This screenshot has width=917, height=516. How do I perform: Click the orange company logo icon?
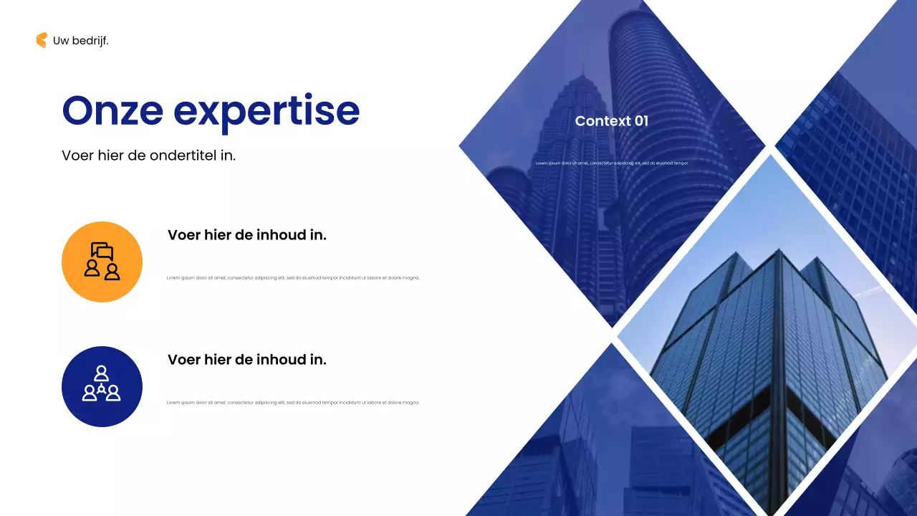pyautogui.click(x=42, y=41)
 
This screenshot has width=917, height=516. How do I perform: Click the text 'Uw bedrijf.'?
pyautogui.click(x=81, y=41)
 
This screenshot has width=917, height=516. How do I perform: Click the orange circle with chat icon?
pyautogui.click(x=102, y=262)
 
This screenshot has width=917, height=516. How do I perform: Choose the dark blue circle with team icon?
pyautogui.click(x=102, y=386)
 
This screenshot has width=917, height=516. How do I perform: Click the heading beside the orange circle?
pyautogui.click(x=246, y=235)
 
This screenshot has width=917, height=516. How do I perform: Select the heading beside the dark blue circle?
pyautogui.click(x=246, y=360)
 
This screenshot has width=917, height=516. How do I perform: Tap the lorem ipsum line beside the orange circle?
pyautogui.click(x=292, y=278)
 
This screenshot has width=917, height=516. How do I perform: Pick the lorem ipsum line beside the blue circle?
pyautogui.click(x=292, y=403)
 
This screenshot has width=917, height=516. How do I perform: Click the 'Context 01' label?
pyautogui.click(x=611, y=121)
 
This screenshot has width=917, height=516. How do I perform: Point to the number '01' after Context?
pyautogui.click(x=640, y=121)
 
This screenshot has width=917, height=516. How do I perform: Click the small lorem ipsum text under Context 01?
pyautogui.click(x=611, y=163)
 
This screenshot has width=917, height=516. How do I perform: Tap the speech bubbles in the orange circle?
pyautogui.click(x=102, y=251)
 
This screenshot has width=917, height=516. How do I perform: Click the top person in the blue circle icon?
pyautogui.click(x=102, y=373)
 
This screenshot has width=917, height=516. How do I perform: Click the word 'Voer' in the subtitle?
pyautogui.click(x=77, y=155)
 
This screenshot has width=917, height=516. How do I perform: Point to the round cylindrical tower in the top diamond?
pyautogui.click(x=645, y=107)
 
